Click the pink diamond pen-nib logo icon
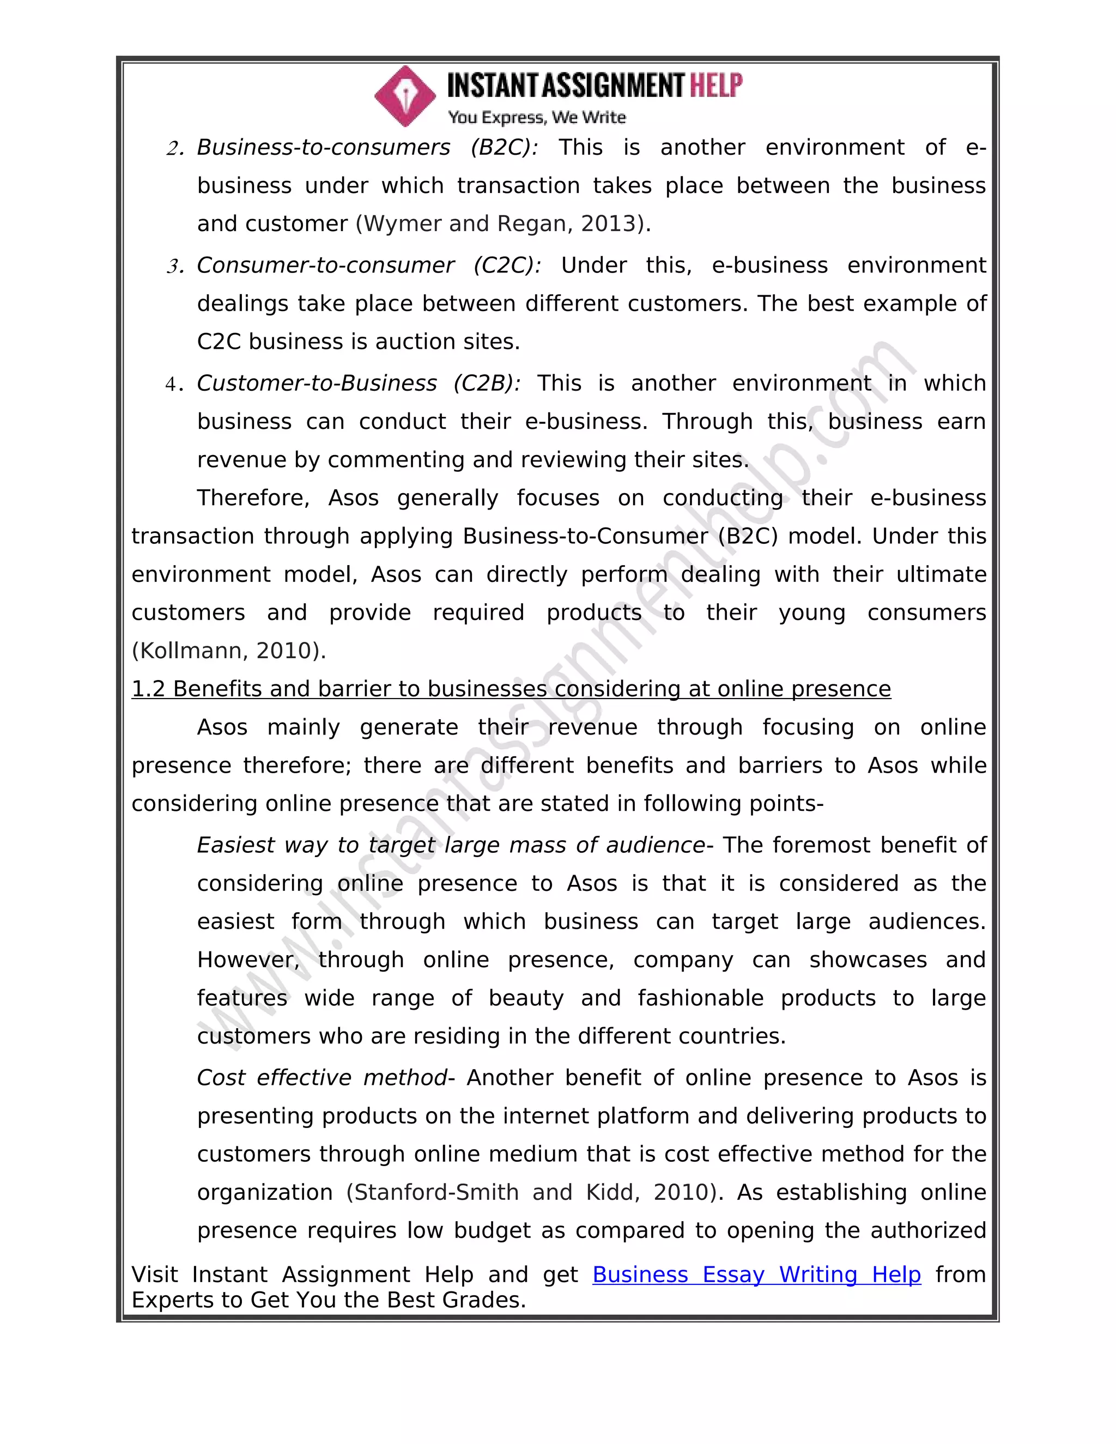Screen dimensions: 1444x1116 405,96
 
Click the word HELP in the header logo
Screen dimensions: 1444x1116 716,86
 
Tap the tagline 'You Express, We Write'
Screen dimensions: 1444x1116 536,118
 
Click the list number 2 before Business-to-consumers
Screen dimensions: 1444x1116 174,149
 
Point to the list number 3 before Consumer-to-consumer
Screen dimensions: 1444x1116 174,267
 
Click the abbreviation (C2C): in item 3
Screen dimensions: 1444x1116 507,266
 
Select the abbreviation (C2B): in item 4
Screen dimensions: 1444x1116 487,384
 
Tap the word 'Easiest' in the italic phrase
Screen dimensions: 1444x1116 235,846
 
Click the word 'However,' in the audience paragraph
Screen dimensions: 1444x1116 248,960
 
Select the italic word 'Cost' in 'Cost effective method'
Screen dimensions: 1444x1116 221,1078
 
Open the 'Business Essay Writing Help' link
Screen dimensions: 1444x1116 756,1275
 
